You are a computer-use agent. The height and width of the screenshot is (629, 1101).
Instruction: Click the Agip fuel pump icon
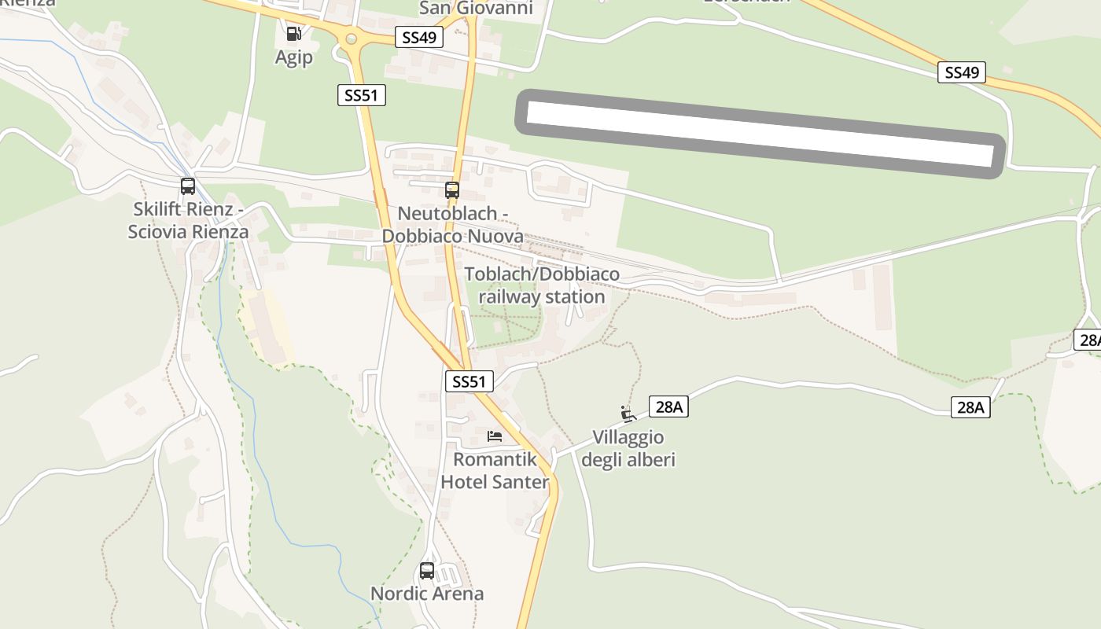(x=293, y=33)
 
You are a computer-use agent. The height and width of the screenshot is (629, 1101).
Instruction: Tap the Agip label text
(x=293, y=57)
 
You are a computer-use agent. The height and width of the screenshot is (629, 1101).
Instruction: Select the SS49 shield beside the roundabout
(x=419, y=37)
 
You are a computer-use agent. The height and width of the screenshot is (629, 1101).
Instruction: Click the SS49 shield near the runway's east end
(x=962, y=72)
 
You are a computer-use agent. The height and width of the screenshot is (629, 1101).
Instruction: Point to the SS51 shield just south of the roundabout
(x=362, y=95)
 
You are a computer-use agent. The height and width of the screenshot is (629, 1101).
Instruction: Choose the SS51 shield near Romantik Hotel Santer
(x=469, y=381)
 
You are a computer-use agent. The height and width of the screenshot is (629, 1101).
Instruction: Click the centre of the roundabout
(x=351, y=38)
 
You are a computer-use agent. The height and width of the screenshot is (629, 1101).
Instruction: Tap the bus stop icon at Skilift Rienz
(x=187, y=186)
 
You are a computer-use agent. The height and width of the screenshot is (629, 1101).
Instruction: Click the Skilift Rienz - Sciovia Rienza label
(x=190, y=221)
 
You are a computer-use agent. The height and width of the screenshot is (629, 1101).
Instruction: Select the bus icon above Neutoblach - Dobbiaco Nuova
(x=451, y=189)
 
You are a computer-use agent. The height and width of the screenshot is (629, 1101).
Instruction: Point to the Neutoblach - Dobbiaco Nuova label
(x=452, y=225)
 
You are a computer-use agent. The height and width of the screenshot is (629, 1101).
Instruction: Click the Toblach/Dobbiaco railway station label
(x=542, y=285)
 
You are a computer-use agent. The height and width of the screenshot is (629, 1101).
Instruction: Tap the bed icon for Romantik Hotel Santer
(x=494, y=436)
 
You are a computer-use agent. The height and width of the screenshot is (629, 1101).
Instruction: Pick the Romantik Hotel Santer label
(x=494, y=470)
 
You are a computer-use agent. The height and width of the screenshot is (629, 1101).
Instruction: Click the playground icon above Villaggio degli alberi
(x=627, y=414)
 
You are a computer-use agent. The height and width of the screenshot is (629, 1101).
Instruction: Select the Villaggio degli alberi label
(x=628, y=449)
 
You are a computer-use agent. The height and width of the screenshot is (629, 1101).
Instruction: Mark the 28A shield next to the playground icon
(x=669, y=406)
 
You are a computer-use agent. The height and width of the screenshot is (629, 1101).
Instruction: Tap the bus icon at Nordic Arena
(x=427, y=571)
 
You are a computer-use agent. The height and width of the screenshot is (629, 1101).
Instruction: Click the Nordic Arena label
(x=427, y=594)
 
